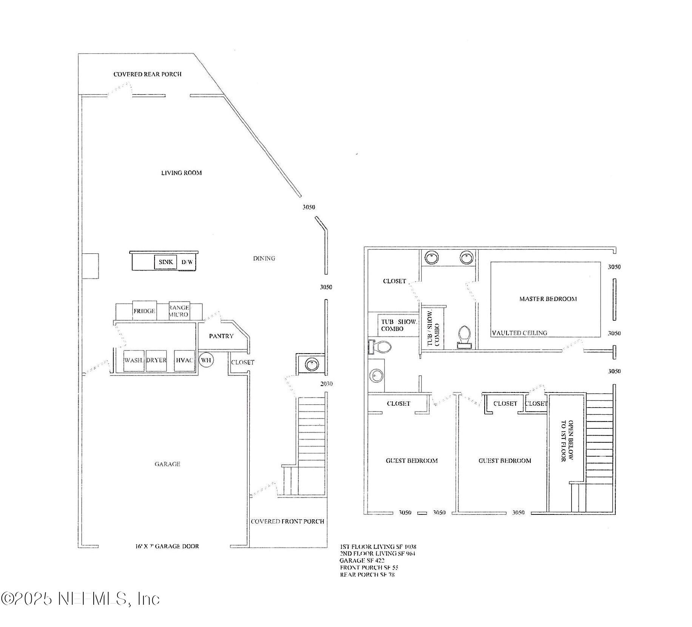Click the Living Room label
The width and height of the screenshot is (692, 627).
[x=181, y=173]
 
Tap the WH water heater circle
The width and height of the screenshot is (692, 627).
[x=206, y=360]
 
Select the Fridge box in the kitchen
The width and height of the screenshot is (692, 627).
[x=144, y=311]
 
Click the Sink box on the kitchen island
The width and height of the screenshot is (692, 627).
[x=166, y=262]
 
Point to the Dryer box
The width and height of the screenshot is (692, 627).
[x=156, y=360]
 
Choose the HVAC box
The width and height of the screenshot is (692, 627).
[x=184, y=360]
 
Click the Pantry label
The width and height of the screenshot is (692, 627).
[x=221, y=336]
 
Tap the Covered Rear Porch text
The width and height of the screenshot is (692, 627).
[x=147, y=74]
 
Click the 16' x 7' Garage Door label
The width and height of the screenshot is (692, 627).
[x=167, y=546]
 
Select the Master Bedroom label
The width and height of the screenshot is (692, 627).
[x=548, y=299]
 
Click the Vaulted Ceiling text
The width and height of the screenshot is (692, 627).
[x=519, y=333]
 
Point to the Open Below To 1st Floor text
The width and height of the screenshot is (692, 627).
[x=567, y=440]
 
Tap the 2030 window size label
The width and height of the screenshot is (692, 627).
[x=326, y=384]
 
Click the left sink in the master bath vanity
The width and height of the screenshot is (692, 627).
[x=431, y=258]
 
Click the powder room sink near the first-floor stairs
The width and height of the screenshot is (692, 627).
[x=312, y=364]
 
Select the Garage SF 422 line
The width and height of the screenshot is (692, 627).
[x=362, y=561]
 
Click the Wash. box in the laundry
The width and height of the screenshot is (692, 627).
[x=133, y=360]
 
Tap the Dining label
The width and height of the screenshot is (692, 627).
[x=264, y=258]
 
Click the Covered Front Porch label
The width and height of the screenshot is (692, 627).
[x=287, y=521]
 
